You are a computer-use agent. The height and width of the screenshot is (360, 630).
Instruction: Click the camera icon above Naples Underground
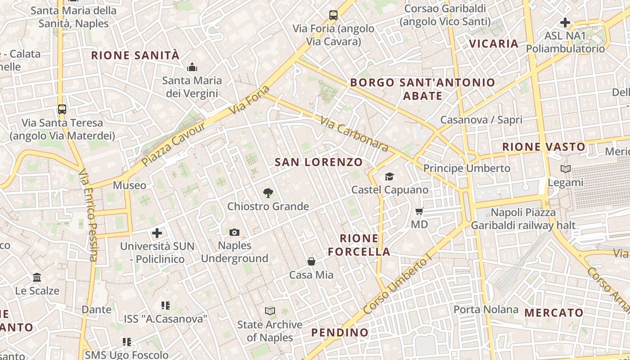click(x=234, y=233)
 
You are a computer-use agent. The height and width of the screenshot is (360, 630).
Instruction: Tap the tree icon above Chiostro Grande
click(x=268, y=193)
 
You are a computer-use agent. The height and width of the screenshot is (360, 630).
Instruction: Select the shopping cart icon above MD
click(x=419, y=211)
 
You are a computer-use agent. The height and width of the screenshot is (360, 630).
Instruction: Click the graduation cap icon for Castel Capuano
click(x=389, y=177)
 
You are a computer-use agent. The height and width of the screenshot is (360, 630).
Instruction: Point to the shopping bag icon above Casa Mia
click(x=311, y=261)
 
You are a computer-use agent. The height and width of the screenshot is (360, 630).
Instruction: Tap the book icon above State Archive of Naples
click(x=270, y=311)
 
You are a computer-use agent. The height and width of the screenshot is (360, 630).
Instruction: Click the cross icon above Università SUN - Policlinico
click(x=157, y=233)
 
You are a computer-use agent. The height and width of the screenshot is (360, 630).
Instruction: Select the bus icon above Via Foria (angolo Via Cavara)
click(x=333, y=15)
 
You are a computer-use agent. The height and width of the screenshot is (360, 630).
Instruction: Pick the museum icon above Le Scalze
click(x=37, y=277)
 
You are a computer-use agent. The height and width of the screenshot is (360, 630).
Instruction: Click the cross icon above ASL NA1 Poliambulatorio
click(x=565, y=22)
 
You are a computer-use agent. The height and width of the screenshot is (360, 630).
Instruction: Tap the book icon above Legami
click(x=566, y=169)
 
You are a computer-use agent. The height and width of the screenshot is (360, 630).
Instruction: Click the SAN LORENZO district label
click(x=319, y=162)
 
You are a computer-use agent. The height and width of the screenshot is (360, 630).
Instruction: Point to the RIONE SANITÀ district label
click(x=135, y=55)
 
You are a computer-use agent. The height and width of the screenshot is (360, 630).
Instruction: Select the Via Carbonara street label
click(x=354, y=134)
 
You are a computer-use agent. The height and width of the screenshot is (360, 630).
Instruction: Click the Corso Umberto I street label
click(x=397, y=284)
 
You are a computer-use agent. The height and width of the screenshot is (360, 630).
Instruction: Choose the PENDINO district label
click(x=340, y=333)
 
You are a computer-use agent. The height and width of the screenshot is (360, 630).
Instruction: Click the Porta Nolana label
click(x=486, y=310)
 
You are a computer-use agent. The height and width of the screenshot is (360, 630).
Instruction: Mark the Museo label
click(x=130, y=185)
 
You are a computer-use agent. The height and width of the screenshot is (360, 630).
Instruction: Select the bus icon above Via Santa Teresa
click(x=62, y=109)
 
